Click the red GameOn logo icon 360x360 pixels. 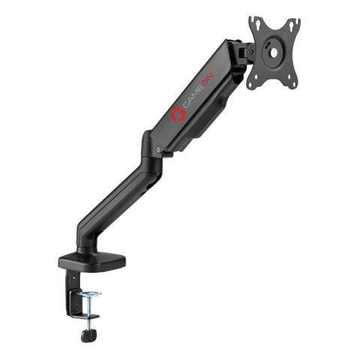click(178, 114)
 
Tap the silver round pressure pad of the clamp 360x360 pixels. click(90, 293)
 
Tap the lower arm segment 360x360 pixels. click(120, 201)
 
